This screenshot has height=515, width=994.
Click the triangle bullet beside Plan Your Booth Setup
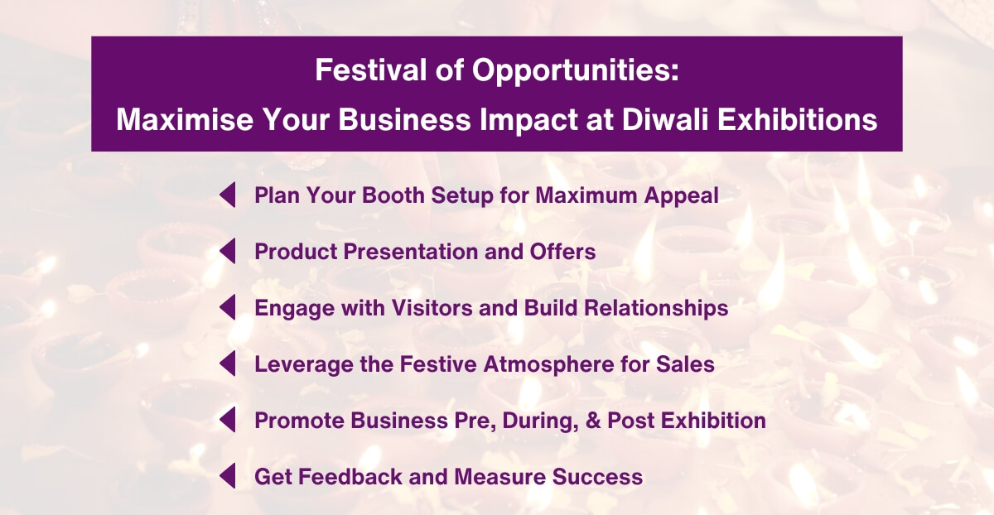coord(228,195)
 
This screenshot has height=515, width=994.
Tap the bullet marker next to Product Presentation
coord(228,252)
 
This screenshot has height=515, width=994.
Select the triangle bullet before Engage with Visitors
coord(228,308)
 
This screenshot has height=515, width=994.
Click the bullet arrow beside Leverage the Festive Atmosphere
coord(228,364)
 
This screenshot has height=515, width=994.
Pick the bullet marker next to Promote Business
coord(228,421)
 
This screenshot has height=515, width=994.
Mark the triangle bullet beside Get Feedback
coord(228,477)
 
